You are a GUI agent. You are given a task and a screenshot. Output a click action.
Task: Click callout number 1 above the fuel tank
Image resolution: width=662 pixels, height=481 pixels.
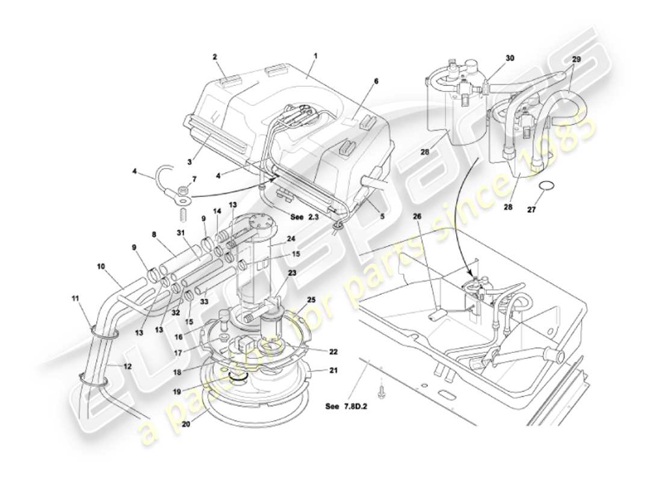click(315, 55)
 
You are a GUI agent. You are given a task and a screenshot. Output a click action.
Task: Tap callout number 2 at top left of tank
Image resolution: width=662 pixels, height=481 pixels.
click(214, 57)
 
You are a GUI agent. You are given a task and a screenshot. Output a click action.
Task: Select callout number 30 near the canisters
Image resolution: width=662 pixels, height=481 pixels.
click(510, 58)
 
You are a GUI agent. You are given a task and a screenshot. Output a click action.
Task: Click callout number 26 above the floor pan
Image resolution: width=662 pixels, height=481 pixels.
click(418, 216)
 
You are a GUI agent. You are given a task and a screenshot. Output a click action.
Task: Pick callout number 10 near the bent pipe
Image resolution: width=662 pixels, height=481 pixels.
click(101, 281)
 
